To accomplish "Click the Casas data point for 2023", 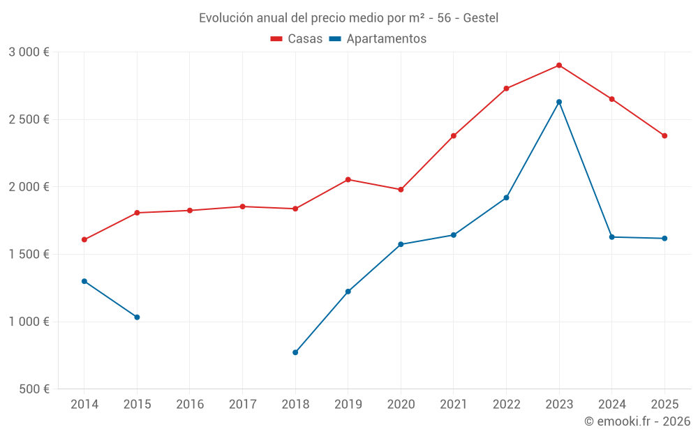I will (559, 66).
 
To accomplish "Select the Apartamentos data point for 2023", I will (559, 102).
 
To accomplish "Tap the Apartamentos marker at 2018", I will (295, 352).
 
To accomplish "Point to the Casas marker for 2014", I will (84, 239).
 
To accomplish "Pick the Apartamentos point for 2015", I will (137, 317).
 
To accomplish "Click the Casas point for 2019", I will (348, 179).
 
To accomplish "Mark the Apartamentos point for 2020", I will (401, 244).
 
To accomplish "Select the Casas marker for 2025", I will (664, 135).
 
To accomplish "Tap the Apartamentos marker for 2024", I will (611, 237).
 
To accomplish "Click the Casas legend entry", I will (297, 39).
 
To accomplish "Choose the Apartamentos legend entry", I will (378, 39).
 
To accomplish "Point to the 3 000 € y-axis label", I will (29, 52).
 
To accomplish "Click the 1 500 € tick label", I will (29, 254).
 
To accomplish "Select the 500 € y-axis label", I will (34, 389).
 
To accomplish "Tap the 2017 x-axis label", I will (242, 405).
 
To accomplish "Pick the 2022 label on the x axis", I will (506, 405).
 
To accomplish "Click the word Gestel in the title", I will (480, 18).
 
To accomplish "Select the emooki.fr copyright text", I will (637, 421).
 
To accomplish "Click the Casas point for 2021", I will (454, 135).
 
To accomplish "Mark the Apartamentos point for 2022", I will (506, 197).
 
